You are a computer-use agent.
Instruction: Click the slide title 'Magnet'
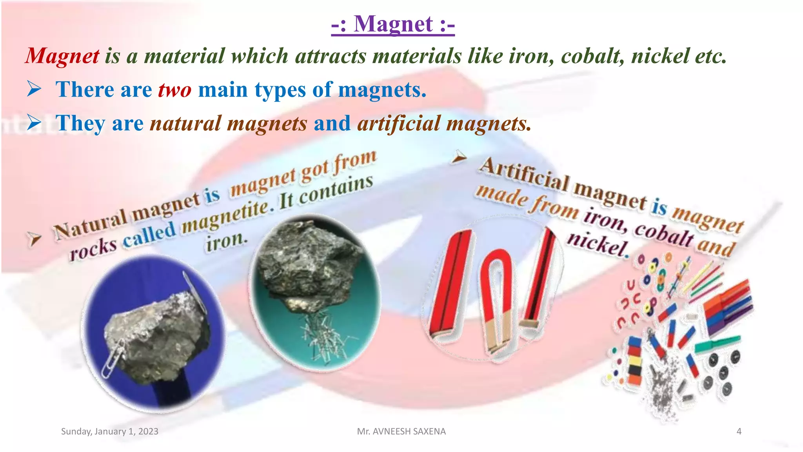tap(393, 24)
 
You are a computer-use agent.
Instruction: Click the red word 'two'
tap(174, 90)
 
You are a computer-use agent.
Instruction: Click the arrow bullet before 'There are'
tap(35, 89)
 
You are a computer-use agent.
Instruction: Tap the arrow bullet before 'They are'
tap(35, 123)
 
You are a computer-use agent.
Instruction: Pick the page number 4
tap(739, 432)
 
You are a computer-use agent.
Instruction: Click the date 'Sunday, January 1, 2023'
tap(110, 432)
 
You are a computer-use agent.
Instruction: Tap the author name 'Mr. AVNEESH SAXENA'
tap(401, 432)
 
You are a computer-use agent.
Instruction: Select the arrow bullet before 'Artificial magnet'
tap(459, 158)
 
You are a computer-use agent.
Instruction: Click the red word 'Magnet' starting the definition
tap(63, 56)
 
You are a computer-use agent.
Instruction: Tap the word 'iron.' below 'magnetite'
tap(227, 241)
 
